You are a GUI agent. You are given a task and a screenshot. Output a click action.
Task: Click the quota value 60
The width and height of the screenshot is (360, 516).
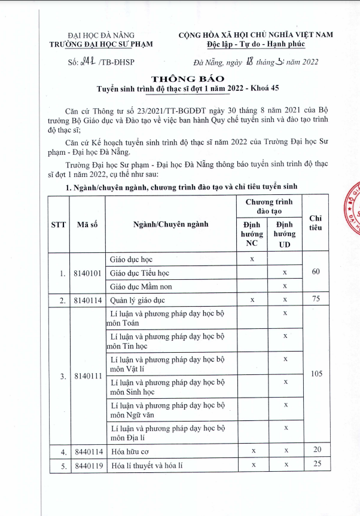click(x=316, y=272)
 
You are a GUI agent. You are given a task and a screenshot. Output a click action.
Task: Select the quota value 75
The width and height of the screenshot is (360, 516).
click(x=316, y=299)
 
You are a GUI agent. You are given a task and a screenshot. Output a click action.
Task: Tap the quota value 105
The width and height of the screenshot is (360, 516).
click(x=316, y=374)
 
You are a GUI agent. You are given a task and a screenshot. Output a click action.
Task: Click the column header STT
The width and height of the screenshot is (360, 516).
click(x=58, y=225)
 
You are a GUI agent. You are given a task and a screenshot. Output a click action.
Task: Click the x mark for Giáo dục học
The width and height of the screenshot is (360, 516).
click(x=252, y=259)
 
